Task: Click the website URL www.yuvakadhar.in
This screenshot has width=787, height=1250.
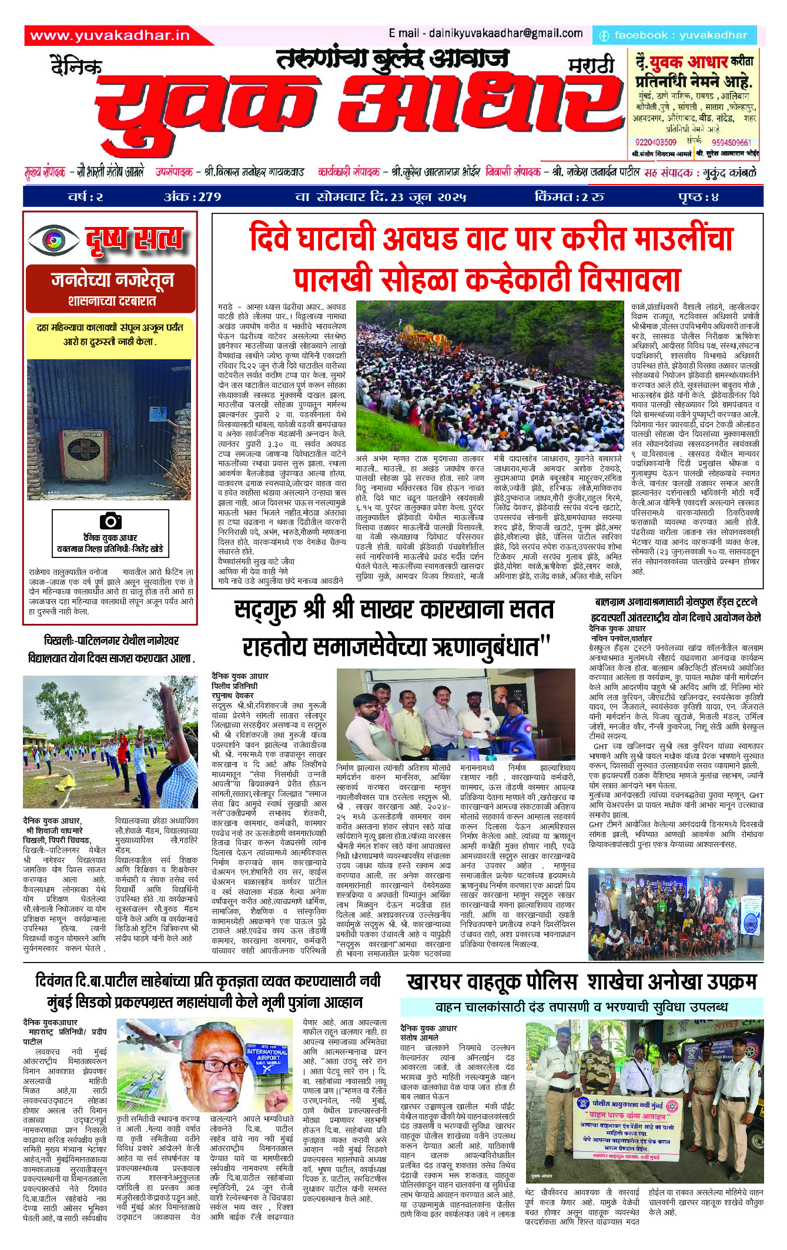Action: (x=110, y=35)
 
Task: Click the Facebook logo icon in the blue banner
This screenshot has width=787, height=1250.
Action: (x=604, y=36)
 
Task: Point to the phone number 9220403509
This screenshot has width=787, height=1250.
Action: (x=656, y=142)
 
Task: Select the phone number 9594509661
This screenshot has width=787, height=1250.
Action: (x=731, y=142)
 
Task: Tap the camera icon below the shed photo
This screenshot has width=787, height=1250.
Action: (x=110, y=520)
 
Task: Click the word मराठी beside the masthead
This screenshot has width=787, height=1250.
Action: (x=591, y=65)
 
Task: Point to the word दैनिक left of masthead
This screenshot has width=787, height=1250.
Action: (x=76, y=66)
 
